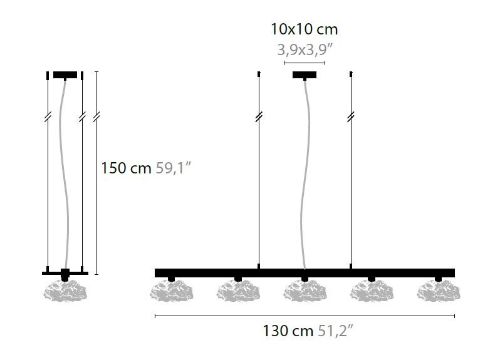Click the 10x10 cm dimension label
[x=304, y=29]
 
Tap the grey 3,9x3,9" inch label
[x=305, y=49]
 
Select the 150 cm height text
[x=126, y=168]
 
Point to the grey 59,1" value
[x=173, y=168]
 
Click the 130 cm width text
[x=288, y=331]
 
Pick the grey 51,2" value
[x=336, y=331]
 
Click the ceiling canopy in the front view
[x=305, y=75]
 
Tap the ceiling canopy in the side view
[x=65, y=75]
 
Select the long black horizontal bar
[x=305, y=273]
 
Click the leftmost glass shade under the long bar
[x=172, y=291]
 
